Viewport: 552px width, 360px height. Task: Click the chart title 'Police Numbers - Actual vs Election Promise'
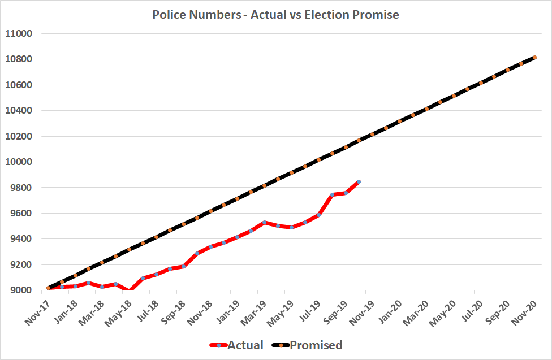point(275,15)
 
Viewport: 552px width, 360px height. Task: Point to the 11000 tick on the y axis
point(19,34)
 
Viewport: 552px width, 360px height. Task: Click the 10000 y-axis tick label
point(19,162)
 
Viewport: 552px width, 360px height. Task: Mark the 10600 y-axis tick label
point(19,85)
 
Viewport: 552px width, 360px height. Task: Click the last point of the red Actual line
point(359,182)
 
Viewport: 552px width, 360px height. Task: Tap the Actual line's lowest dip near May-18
point(130,291)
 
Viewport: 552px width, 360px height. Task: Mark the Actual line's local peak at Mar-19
point(264,223)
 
